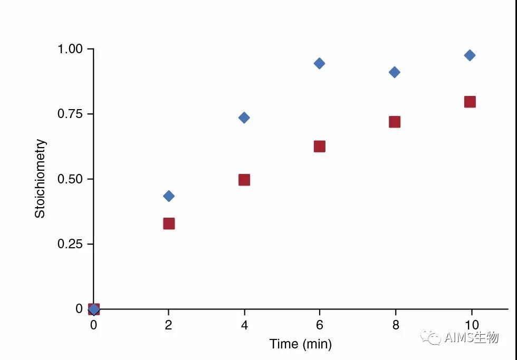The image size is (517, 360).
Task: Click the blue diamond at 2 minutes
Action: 169,196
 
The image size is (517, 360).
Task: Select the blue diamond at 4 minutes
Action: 244,118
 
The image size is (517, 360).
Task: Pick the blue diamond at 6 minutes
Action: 319,63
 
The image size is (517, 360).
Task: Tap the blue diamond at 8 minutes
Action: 395,72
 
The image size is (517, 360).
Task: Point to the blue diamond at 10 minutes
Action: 470,55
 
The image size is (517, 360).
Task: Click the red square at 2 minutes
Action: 169,223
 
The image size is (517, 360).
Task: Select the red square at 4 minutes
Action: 244,180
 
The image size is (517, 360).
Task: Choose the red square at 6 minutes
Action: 319,147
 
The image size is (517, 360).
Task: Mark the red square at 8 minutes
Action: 395,122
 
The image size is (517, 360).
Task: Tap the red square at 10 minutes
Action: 470,102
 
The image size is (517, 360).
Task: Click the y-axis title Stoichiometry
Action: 41,179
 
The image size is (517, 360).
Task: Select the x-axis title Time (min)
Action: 301,344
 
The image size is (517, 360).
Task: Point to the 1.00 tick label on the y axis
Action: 70,49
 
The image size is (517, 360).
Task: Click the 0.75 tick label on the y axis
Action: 70,114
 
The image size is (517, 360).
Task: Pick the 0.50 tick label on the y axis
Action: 70,179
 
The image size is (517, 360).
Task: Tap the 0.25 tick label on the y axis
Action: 70,244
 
